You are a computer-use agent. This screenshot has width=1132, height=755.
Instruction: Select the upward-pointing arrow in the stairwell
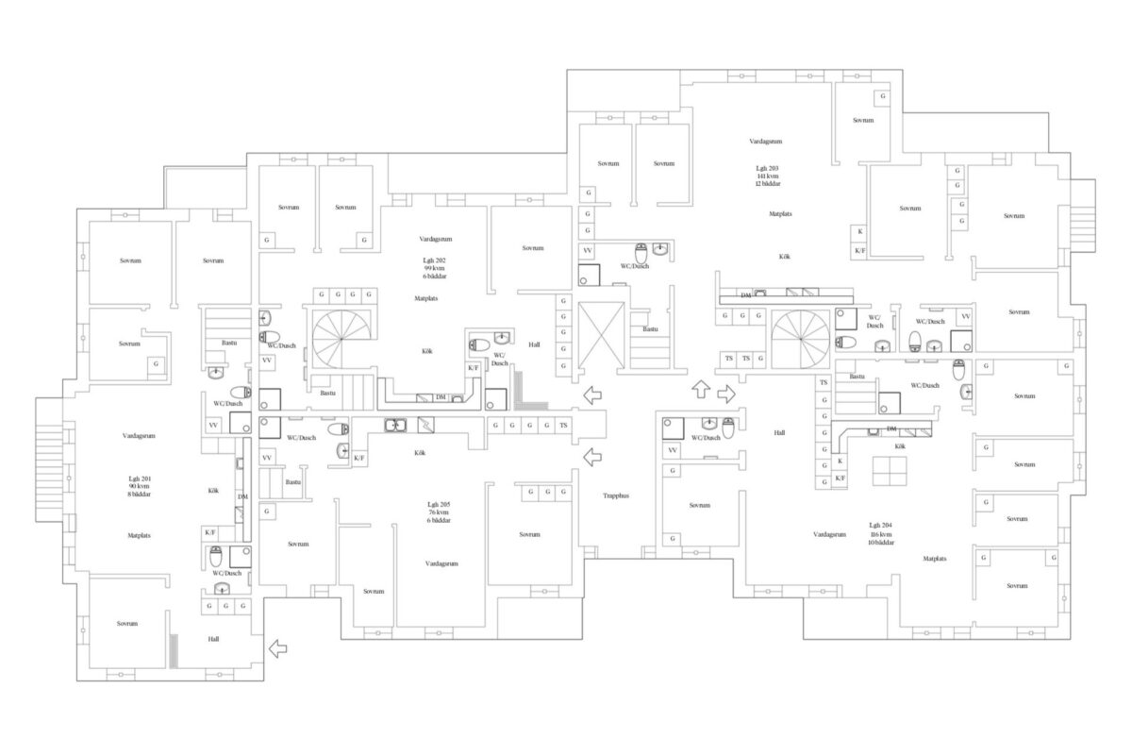(700, 389)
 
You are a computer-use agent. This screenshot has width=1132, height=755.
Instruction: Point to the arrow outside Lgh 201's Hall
(278, 648)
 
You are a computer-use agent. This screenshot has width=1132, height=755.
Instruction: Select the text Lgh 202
(433, 260)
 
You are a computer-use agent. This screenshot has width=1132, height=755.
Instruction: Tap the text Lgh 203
(766, 167)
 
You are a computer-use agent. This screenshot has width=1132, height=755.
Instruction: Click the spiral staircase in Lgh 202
(343, 341)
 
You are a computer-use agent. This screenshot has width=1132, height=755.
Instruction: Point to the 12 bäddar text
(766, 184)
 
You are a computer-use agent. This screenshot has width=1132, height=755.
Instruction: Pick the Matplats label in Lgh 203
(779, 214)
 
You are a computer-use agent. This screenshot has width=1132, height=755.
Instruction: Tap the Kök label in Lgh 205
(420, 453)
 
